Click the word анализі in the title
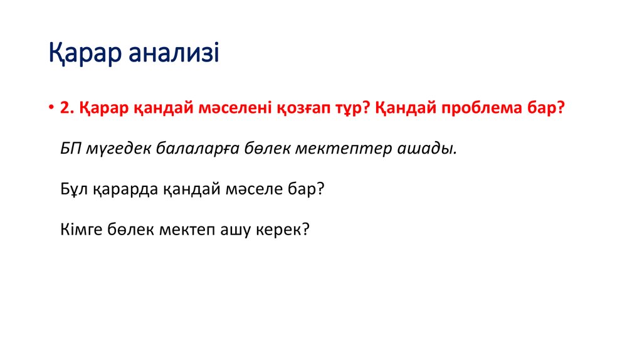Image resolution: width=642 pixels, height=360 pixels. tap(174, 54)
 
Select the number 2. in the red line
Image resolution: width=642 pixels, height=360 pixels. tap(67, 108)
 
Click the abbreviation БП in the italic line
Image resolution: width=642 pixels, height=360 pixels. tap(70, 149)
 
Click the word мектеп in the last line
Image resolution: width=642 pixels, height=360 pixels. tap(180, 229)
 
